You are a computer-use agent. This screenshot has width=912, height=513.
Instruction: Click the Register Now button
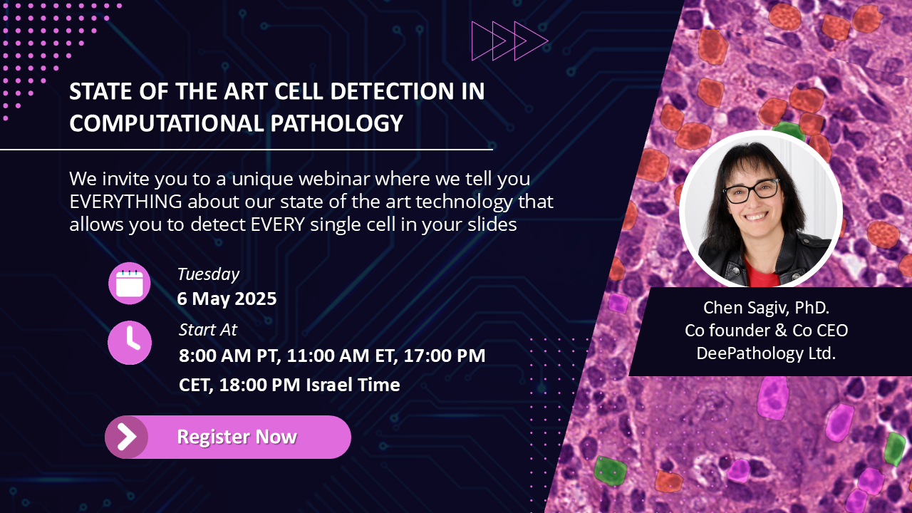click(228, 437)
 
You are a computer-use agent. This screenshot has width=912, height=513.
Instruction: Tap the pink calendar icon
click(130, 284)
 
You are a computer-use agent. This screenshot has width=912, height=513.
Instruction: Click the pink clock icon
click(130, 343)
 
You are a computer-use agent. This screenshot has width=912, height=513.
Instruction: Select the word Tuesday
click(208, 274)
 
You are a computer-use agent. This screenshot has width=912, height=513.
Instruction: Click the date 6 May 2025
click(227, 299)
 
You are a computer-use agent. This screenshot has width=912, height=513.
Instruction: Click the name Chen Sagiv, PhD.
click(766, 308)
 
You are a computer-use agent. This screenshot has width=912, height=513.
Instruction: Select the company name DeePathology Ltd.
click(766, 353)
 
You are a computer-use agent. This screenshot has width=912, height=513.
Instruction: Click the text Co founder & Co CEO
click(766, 331)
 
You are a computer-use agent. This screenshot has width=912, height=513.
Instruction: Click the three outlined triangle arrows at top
click(509, 41)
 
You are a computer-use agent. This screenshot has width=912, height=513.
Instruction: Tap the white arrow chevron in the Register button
click(127, 437)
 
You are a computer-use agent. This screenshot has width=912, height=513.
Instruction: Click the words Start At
click(207, 330)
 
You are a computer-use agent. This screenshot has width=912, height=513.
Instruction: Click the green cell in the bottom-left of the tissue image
click(610, 470)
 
